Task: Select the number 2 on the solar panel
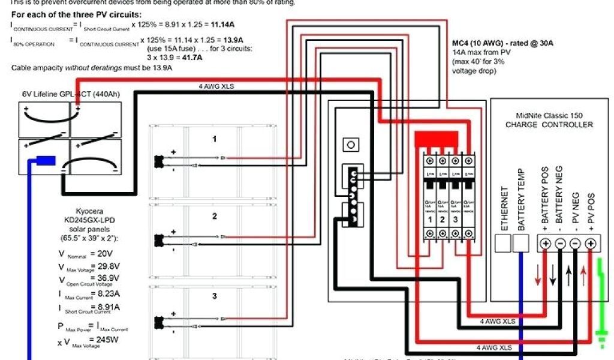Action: pyautogui.click(x=214, y=216)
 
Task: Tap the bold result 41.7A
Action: pyautogui.click(x=190, y=58)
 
